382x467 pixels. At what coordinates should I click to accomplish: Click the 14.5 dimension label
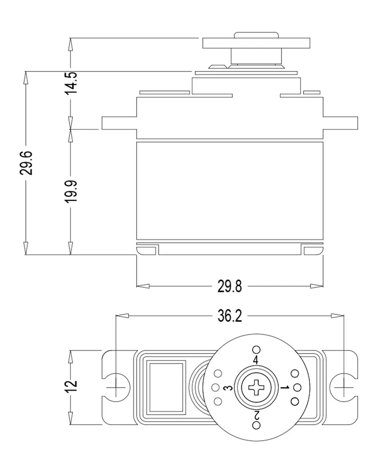71,83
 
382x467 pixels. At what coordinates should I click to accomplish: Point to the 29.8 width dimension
230,286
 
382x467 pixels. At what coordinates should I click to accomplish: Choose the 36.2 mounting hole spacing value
229,316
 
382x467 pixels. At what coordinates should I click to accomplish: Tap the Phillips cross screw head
255,388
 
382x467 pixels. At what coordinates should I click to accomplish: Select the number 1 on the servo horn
285,388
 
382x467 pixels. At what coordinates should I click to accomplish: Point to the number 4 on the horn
255,360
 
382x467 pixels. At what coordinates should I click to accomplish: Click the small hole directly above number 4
256,349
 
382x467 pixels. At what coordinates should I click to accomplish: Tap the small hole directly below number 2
256,426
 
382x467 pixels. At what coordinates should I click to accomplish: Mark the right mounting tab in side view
341,123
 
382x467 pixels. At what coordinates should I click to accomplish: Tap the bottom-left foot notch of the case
147,251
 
